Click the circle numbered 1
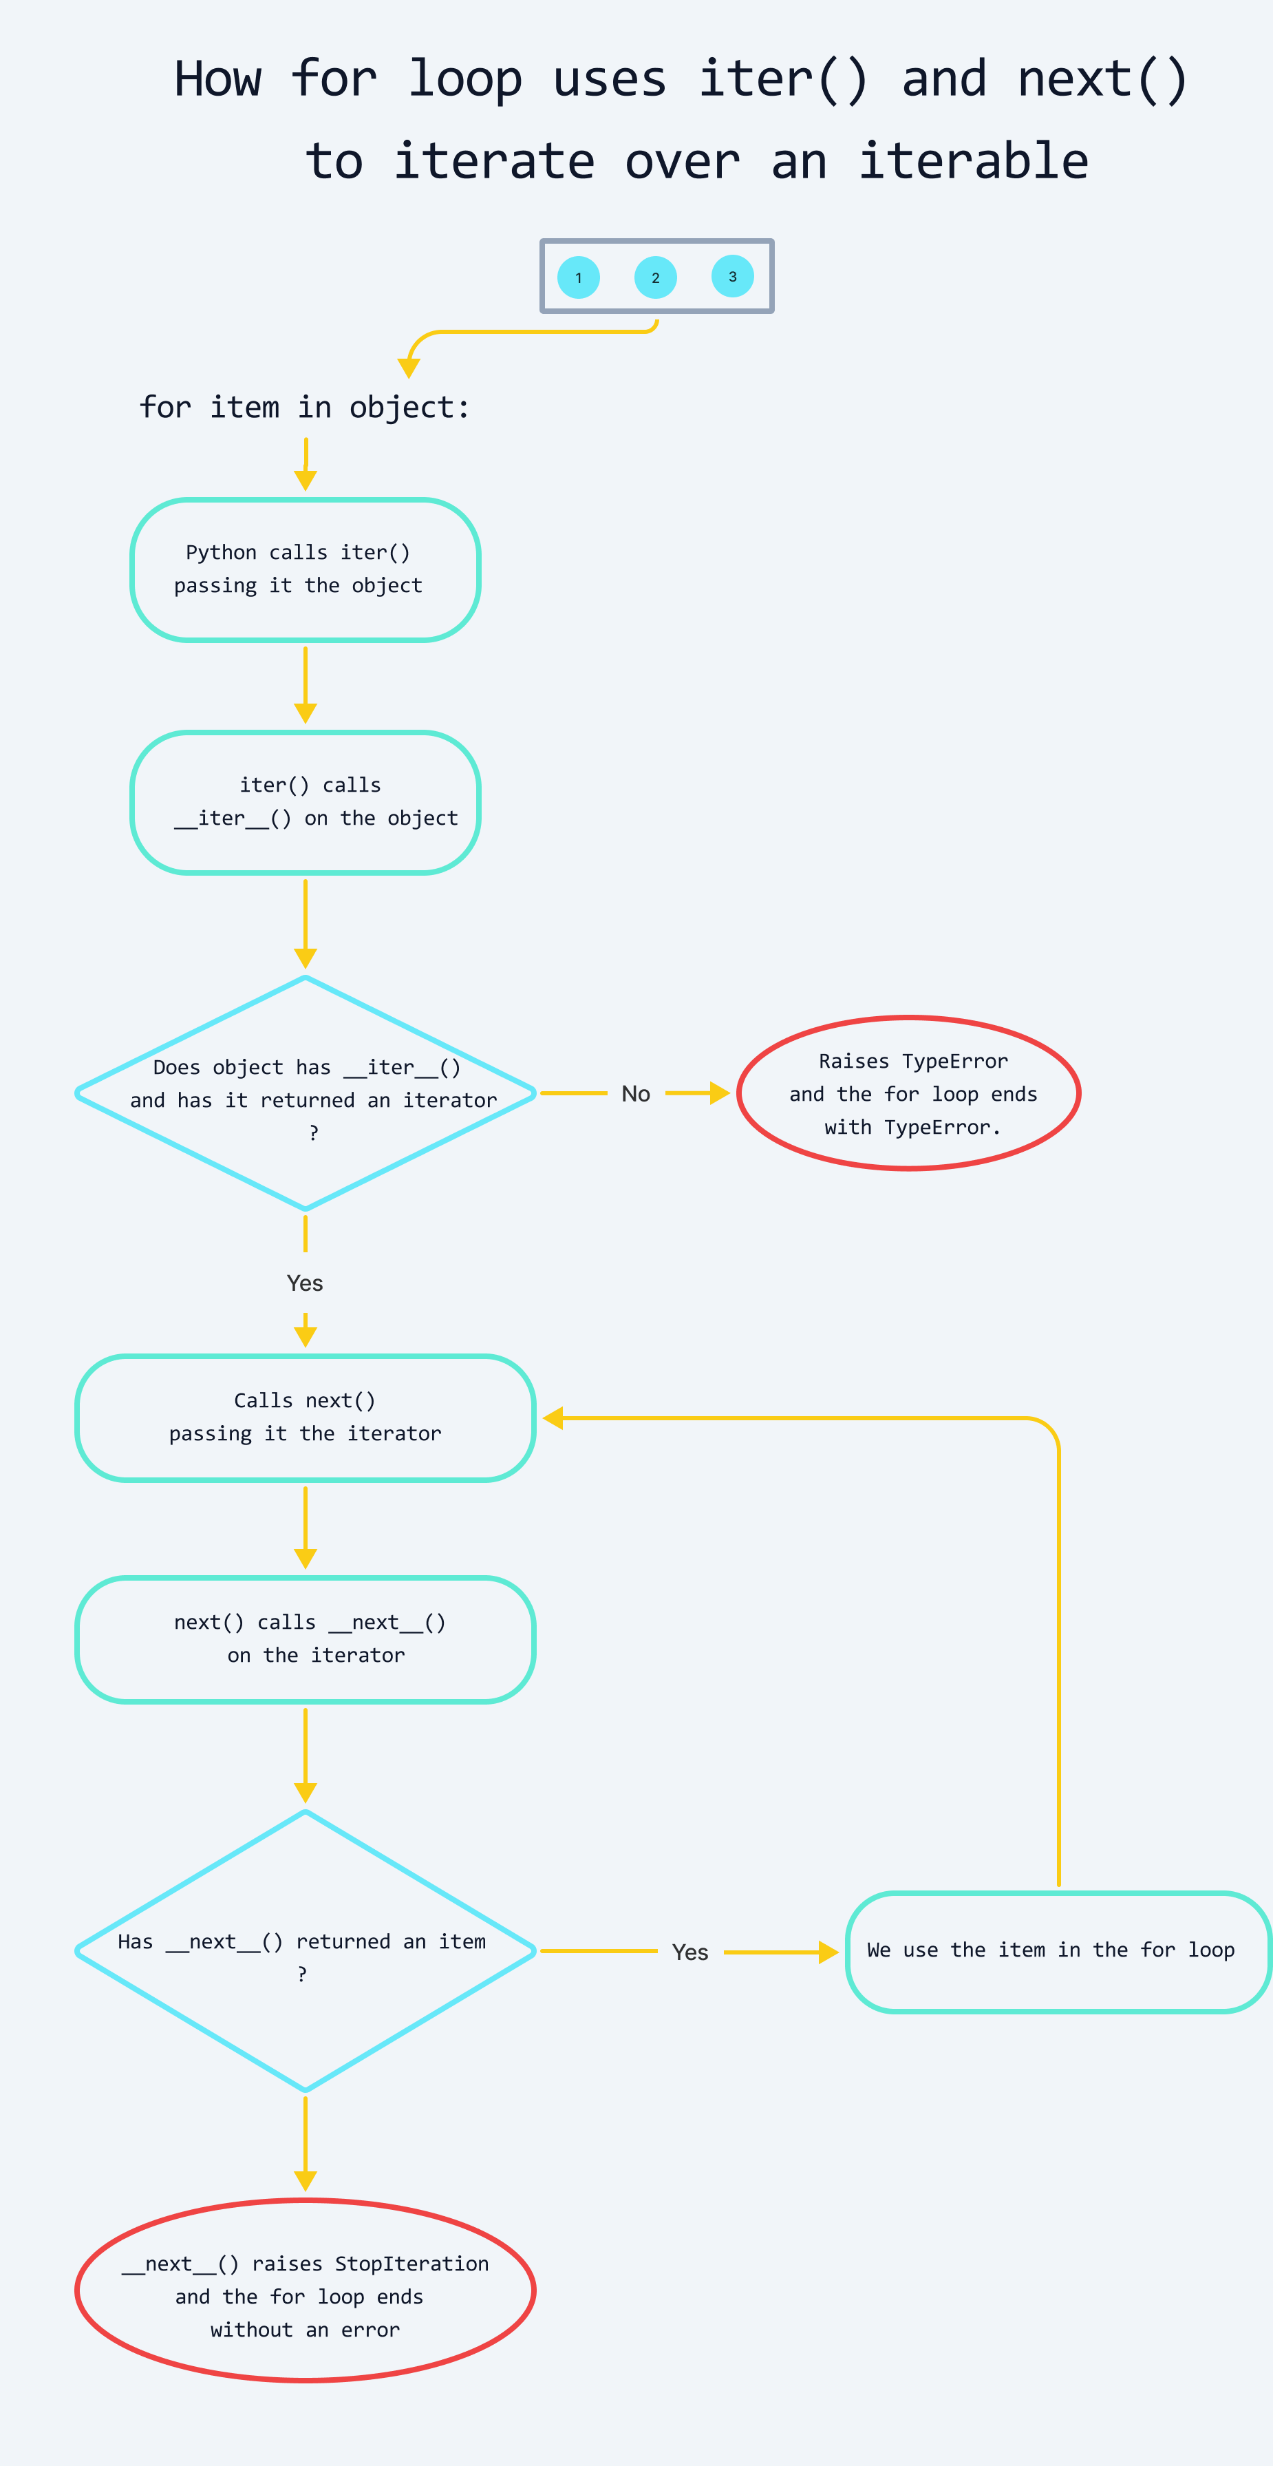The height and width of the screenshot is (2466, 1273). [578, 277]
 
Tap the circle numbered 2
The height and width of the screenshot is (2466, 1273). [656, 277]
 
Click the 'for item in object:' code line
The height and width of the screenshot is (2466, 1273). [304, 408]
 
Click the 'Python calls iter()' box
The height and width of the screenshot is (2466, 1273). [304, 569]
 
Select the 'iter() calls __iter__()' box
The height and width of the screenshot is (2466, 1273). [304, 802]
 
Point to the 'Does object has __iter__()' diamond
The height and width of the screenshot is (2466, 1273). [304, 1093]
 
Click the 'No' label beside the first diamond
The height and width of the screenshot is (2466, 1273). [636, 1094]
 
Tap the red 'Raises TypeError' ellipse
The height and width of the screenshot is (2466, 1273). [909, 1093]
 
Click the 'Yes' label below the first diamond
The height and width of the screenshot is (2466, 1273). [304, 1283]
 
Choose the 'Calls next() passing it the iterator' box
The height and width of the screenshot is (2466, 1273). [304, 1418]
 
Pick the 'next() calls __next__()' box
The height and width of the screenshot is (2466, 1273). [304, 1639]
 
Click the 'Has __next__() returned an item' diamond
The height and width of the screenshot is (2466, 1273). [304, 1951]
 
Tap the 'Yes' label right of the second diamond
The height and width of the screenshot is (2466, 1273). [690, 1952]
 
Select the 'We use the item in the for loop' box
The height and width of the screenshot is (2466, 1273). [1058, 1952]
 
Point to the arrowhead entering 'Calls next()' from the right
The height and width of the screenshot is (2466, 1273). [553, 1418]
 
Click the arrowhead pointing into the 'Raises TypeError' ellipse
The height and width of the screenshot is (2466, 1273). [720, 1093]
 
